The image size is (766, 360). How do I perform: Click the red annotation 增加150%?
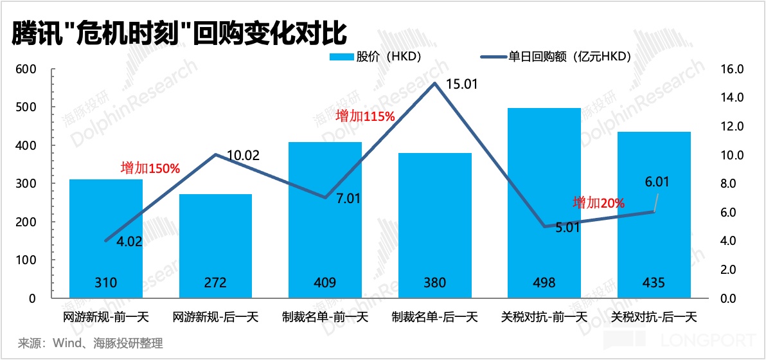150,168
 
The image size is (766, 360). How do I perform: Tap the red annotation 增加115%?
365,116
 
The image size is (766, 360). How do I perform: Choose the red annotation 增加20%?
599,203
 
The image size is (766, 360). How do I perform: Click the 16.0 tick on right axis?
734,69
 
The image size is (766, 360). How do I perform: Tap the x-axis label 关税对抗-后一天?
654,317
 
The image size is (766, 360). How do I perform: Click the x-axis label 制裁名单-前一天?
325,317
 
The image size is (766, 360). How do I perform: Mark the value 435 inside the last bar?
654,282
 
